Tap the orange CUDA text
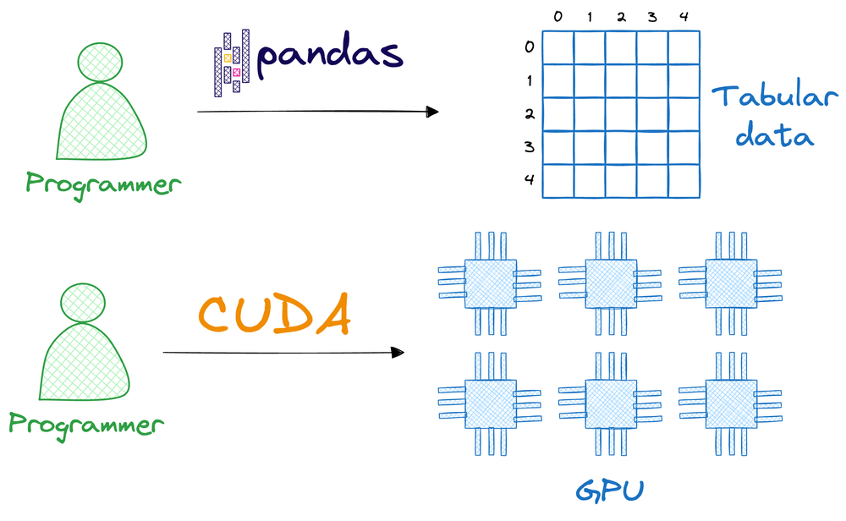[x=274, y=315]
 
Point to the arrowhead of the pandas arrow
[x=433, y=112]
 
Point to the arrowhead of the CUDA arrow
[x=398, y=352]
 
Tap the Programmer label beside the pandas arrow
[x=103, y=183]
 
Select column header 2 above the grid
[x=621, y=17]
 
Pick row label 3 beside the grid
[x=530, y=147]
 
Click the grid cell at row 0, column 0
[x=558, y=48]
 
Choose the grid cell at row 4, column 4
[x=684, y=181]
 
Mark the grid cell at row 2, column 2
[x=621, y=114]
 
